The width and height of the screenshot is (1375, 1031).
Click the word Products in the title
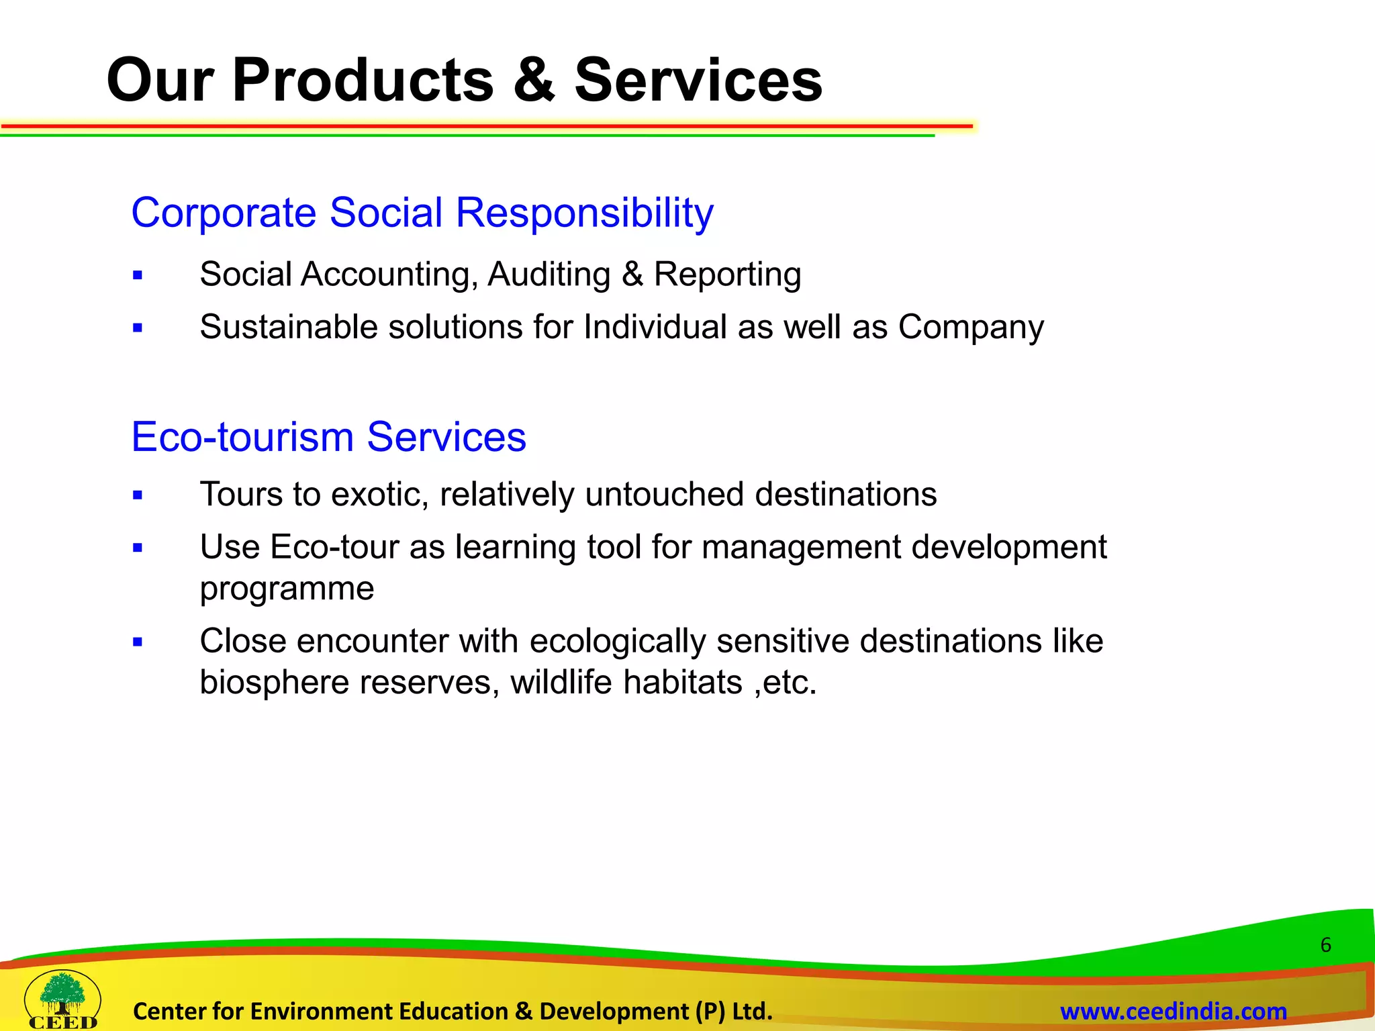[363, 81]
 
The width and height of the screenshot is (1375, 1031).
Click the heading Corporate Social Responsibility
[422, 213]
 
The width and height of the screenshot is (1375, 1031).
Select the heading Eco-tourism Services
[328, 437]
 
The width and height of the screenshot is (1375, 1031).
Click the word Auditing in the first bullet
[549, 275]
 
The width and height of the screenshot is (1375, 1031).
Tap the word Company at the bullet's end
[971, 328]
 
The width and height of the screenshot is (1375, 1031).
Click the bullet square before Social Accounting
[138, 275]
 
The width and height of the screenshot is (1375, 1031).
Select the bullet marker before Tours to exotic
[138, 495]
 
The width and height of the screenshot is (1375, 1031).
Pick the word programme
[287, 589]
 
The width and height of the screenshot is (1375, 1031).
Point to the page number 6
[1325, 945]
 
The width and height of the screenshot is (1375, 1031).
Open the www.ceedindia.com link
[1173, 1011]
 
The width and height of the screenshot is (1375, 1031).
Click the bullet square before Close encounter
[138, 642]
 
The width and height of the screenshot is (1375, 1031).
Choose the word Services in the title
[698, 81]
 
